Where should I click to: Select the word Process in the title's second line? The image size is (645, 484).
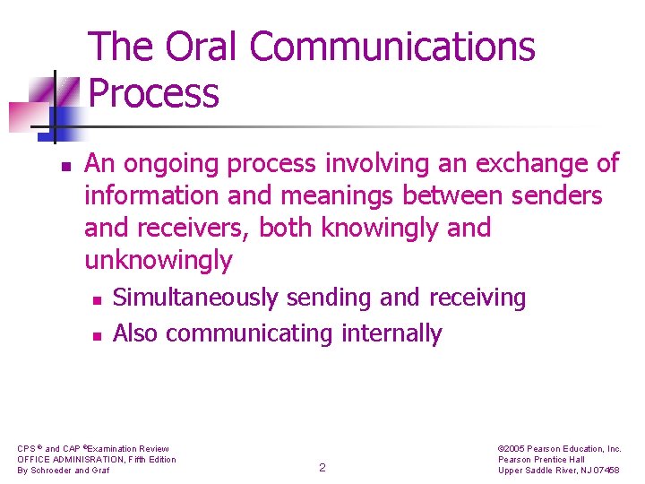tap(154, 93)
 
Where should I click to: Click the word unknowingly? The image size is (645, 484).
tap(158, 261)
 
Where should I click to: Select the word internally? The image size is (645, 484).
tap(391, 333)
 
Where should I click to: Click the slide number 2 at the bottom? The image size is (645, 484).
tap(322, 467)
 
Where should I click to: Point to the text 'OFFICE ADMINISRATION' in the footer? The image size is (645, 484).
tap(68, 460)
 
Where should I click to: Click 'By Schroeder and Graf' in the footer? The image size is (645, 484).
tap(64, 471)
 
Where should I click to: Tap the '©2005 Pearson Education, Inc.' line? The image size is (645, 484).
tap(558, 449)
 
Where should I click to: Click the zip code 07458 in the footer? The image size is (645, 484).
tap(604, 471)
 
